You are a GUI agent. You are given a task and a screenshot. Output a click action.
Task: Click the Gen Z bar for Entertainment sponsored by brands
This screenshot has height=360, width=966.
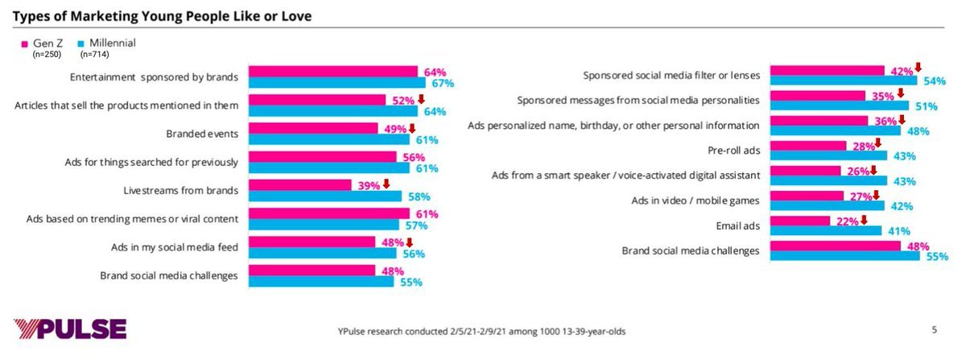332,71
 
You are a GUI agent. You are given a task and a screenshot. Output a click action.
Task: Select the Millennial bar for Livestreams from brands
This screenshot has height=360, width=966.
324,196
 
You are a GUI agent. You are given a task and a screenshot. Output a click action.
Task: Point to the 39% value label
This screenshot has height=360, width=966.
367,185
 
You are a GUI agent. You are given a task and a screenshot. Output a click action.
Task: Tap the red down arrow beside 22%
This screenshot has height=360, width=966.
863,221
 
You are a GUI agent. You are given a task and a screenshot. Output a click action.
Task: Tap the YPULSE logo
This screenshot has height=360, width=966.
70,329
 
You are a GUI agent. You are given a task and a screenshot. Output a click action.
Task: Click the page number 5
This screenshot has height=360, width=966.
935,329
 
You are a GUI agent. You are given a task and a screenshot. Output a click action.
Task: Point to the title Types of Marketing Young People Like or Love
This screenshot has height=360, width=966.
162,15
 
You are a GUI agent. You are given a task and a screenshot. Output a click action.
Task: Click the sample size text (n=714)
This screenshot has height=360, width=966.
95,55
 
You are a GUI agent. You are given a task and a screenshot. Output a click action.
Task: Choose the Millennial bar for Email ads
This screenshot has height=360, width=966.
826,231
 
